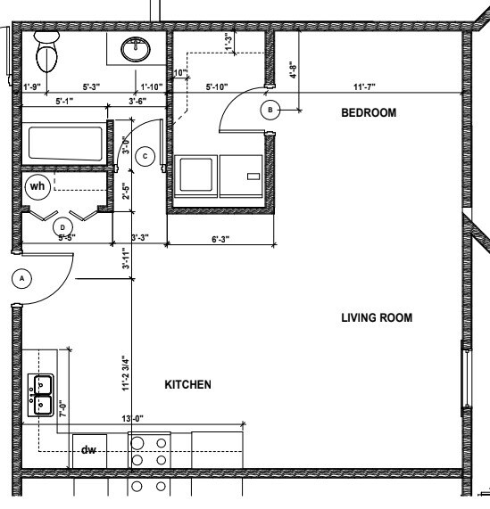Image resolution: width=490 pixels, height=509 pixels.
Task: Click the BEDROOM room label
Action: tap(369, 113)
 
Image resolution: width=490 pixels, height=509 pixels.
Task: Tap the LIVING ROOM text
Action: tap(377, 317)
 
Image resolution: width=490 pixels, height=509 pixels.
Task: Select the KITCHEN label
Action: tap(187, 385)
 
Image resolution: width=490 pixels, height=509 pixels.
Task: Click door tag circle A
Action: tap(24, 278)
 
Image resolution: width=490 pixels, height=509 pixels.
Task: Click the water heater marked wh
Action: tap(37, 186)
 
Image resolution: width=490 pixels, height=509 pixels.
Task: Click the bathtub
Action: tap(64, 144)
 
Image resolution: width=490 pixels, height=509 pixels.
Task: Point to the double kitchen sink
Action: tap(41, 393)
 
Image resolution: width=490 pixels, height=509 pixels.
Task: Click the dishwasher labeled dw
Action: tap(88, 450)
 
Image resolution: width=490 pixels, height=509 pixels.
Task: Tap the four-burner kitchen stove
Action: tap(149, 451)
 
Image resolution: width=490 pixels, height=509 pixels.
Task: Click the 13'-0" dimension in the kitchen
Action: tap(133, 418)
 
